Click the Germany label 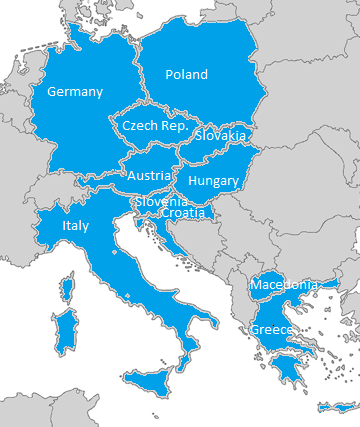pyautogui.click(x=75, y=92)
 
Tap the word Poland pyautogui.click(x=186, y=75)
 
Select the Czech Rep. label pyautogui.click(x=155, y=126)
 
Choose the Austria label pyautogui.click(x=148, y=175)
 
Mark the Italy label pyautogui.click(x=75, y=226)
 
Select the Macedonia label pyautogui.click(x=285, y=285)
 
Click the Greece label pyautogui.click(x=271, y=330)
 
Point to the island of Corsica pyautogui.click(x=67, y=291)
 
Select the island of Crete pyautogui.click(x=336, y=408)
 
